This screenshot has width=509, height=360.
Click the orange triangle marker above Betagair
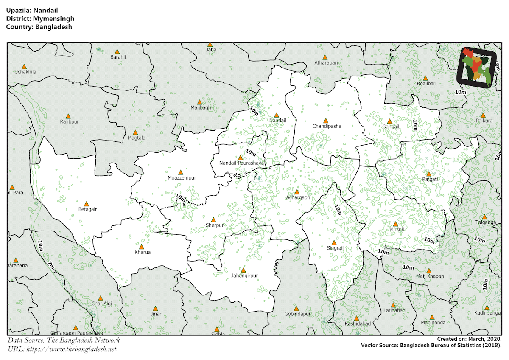pyautogui.click(x=87, y=204)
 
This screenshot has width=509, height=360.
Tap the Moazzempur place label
pyautogui.click(x=182, y=178)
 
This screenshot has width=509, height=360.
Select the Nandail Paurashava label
pyautogui.click(x=241, y=163)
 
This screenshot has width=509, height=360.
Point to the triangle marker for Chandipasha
pyautogui.click(x=326, y=121)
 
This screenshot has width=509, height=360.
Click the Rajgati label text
pyautogui.click(x=429, y=179)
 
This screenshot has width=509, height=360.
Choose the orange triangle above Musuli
pyautogui.click(x=395, y=224)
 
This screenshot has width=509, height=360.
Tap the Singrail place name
pyautogui.click(x=335, y=247)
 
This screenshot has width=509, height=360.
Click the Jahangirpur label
pyautogui.click(x=244, y=276)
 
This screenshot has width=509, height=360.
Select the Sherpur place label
pyautogui.click(x=214, y=225)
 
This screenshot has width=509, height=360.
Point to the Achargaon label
pyautogui.click(x=298, y=197)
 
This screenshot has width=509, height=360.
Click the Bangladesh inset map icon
pyautogui.click(x=477, y=68)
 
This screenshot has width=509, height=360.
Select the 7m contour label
pyautogui.click(x=51, y=266)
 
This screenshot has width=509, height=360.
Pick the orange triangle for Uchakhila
pyautogui.click(x=24, y=67)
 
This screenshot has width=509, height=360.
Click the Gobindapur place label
pyautogui.click(x=297, y=314)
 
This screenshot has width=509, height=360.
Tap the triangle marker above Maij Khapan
pyautogui.click(x=429, y=271)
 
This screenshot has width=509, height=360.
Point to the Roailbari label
pyautogui.click(x=426, y=84)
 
